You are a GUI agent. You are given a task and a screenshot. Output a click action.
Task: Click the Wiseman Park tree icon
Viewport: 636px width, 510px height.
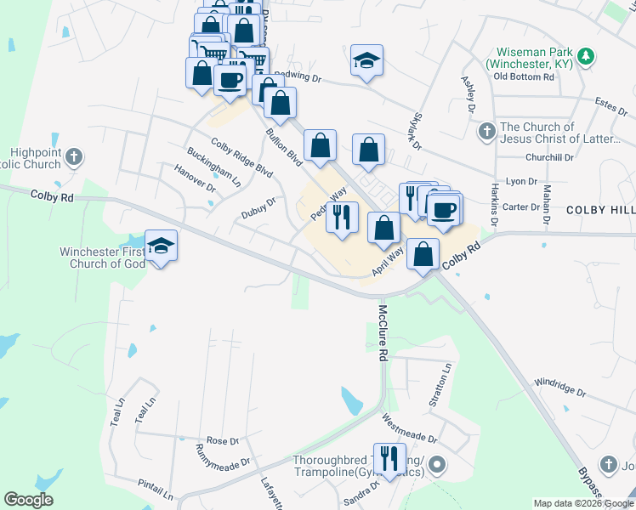pos(585,57)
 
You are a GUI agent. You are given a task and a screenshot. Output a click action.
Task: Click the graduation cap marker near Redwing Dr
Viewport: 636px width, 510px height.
pos(366,61)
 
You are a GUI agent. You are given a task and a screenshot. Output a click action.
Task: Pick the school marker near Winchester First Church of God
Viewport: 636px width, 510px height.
pos(161,247)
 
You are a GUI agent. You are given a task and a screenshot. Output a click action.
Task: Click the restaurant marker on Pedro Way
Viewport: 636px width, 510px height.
pos(342,218)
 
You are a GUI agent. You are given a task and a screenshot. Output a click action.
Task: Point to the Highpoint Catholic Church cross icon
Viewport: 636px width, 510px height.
pos(75,156)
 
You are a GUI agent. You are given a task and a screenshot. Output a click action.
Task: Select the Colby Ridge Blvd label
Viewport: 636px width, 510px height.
pos(241,157)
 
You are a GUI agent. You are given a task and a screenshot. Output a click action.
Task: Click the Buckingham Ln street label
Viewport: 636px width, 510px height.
pos(214,167)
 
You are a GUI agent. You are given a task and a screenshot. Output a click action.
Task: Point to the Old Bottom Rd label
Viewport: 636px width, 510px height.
pos(524,76)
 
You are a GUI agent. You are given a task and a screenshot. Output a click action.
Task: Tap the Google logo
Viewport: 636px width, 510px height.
pos(28,500)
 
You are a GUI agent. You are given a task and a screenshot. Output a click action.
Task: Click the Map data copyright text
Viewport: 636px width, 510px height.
pos(582,503)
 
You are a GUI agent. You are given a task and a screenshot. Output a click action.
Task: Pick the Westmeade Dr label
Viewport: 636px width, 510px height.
pos(409,428)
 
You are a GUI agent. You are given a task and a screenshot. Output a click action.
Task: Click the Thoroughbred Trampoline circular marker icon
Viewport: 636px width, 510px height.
pos(437,465)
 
